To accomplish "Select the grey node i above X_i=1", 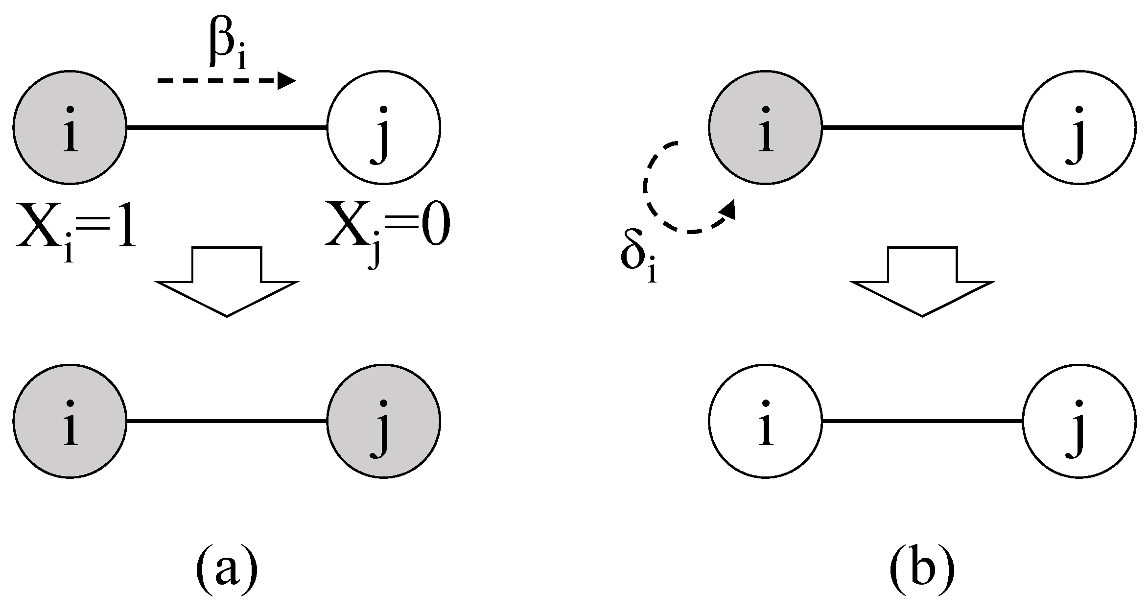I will pos(70,128).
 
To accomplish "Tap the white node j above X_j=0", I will pos(384,128).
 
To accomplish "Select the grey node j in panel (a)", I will pos(384,421).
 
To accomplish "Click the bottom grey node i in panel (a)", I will pos(70,421).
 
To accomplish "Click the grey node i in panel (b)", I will pos(765,128).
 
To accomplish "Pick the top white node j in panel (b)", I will pos(1079,128).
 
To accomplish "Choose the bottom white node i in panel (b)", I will pos(765,421).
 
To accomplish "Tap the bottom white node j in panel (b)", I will pos(1079,421).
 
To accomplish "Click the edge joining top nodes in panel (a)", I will pos(227,128).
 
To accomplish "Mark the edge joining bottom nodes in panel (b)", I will pos(922,421).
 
